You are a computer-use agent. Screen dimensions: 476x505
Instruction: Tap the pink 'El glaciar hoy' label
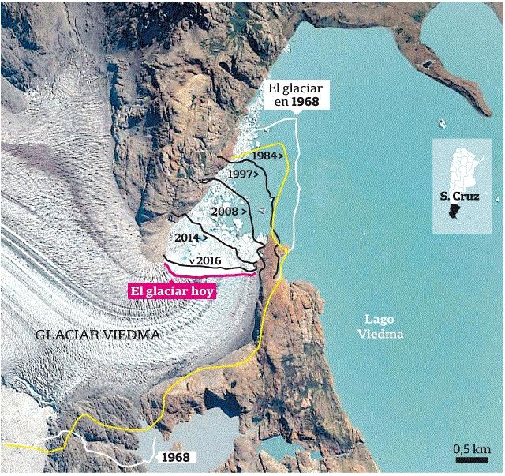pyautogui.click(x=173, y=290)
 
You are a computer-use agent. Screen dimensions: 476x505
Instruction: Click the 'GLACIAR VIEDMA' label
pyautogui.click(x=98, y=335)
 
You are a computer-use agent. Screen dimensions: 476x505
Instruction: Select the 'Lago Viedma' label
pyautogui.click(x=380, y=328)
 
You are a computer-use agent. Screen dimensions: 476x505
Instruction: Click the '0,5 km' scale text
pyautogui.click(x=470, y=448)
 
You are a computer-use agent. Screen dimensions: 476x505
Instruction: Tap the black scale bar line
pyautogui.click(x=470, y=458)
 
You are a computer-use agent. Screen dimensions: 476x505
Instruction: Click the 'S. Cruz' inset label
pyautogui.click(x=459, y=197)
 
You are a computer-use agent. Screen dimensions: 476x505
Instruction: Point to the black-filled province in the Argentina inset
pyautogui.click(x=453, y=212)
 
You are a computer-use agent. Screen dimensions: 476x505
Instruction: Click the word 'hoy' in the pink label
pyautogui.click(x=203, y=290)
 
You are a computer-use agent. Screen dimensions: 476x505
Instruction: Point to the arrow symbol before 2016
pyautogui.click(x=192, y=261)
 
